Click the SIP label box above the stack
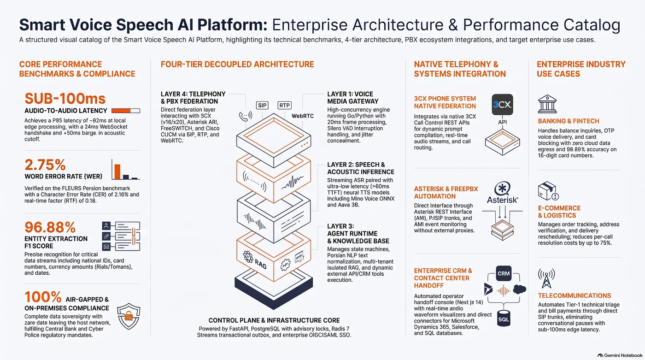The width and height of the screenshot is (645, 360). click(x=262, y=106)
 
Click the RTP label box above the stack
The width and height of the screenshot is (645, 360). click(x=285, y=106)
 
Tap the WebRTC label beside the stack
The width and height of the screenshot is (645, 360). click(x=303, y=116)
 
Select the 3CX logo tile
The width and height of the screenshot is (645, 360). click(x=502, y=105)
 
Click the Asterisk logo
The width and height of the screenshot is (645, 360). click(x=503, y=192)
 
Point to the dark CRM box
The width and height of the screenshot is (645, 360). click(x=504, y=273)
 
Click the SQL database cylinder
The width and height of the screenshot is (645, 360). click(x=504, y=318)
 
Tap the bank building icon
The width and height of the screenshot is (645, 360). click(x=547, y=104)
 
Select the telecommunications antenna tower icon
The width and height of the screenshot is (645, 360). click(x=546, y=278)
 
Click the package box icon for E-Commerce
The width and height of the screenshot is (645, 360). click(x=548, y=191)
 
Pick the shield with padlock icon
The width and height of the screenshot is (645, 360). click(x=129, y=316)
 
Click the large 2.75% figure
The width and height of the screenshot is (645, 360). click(x=45, y=165)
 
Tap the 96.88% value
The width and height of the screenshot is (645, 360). click(x=50, y=227)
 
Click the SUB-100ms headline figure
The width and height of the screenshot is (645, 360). click(x=65, y=99)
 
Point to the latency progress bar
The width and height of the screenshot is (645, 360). click(x=125, y=111)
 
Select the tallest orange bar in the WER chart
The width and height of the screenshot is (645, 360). click(x=117, y=171)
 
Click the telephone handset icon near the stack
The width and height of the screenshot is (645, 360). click(x=245, y=116)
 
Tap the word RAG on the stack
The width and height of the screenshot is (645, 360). click(x=261, y=264)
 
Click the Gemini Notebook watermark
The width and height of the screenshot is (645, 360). click(x=620, y=355)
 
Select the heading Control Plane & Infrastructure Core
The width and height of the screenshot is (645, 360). click(x=274, y=320)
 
